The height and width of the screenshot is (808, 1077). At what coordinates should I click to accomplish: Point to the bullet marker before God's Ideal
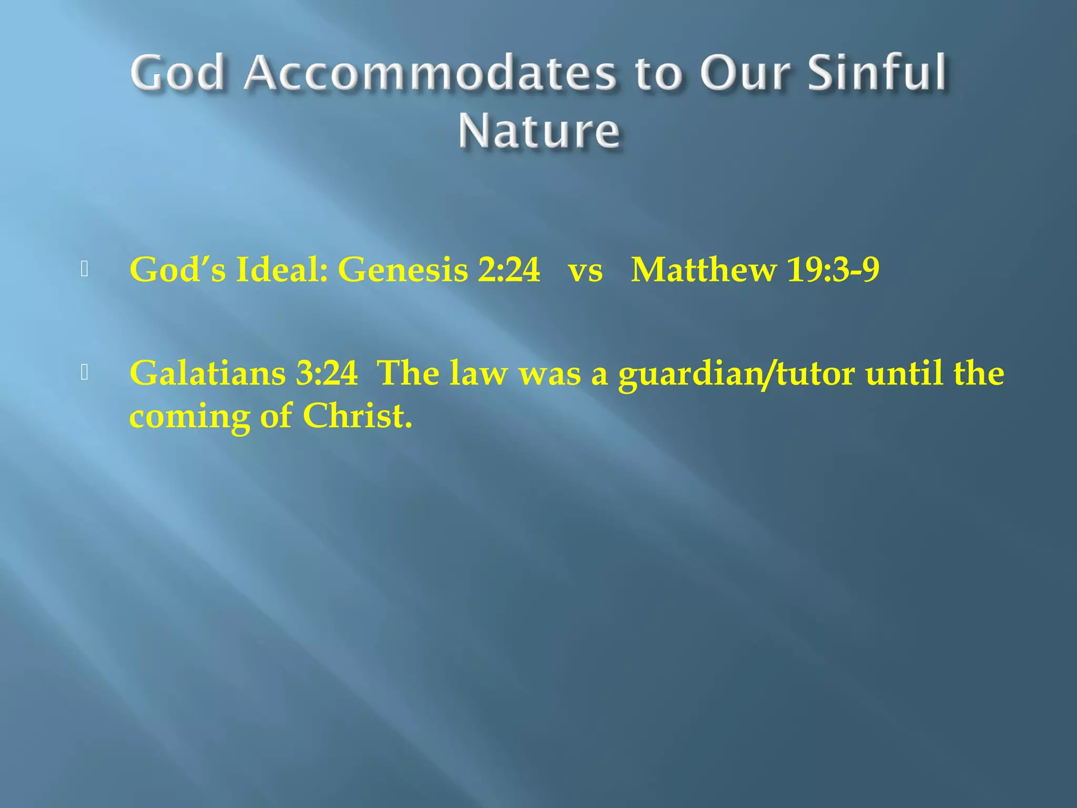coord(85,269)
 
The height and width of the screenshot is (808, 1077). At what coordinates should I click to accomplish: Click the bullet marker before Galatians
coord(85,372)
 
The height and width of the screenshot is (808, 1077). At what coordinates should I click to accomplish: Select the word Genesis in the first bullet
coord(403,270)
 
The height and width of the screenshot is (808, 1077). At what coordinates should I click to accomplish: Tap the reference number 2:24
coord(509,270)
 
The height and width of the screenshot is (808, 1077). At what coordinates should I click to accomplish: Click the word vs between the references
coord(585,270)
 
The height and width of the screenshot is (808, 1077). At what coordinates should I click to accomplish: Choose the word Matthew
coord(703,270)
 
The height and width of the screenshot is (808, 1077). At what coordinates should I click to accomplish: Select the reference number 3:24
coord(327,373)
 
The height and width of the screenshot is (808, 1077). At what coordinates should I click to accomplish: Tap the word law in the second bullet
coord(479,373)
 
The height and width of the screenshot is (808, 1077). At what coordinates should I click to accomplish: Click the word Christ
coord(357,416)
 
